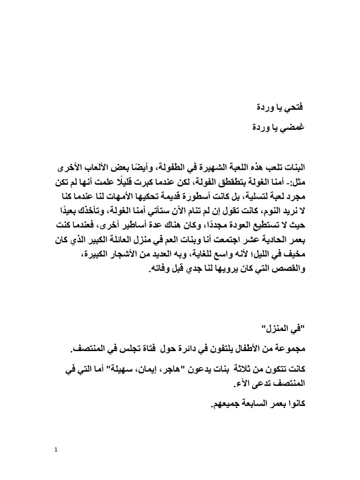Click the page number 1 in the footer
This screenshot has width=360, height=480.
pos(56,450)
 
